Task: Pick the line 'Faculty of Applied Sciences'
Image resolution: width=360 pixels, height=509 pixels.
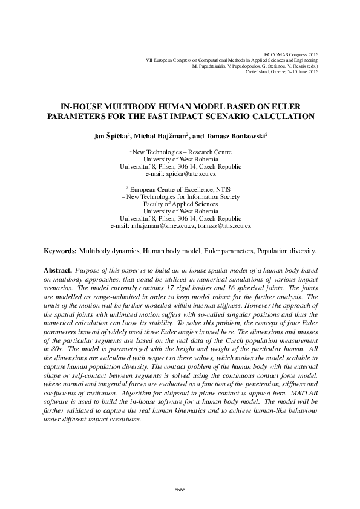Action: point(180,204)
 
